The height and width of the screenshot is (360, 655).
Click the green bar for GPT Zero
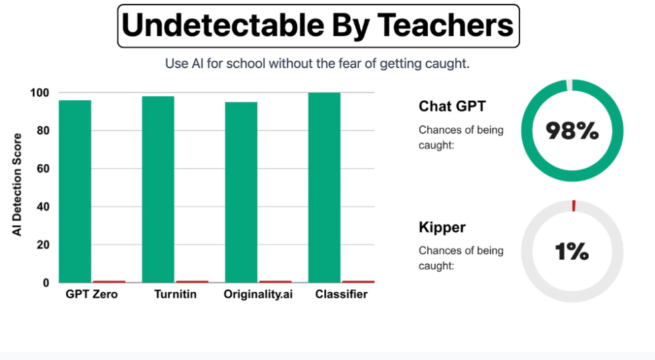tap(75, 191)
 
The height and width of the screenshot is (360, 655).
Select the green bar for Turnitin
tap(158, 189)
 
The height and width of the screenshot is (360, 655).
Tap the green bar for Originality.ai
tap(241, 192)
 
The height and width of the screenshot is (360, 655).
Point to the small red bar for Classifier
tap(358, 282)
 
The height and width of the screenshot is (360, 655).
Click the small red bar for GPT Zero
tap(109, 282)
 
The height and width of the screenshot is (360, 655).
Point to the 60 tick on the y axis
tap(43, 169)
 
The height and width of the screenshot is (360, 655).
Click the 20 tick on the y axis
tap(43, 245)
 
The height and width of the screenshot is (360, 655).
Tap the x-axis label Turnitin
tap(175, 295)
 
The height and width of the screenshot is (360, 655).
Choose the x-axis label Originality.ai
tap(258, 295)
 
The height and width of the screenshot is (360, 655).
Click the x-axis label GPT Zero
tap(92, 295)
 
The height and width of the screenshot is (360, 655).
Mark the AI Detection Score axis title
tap(18, 184)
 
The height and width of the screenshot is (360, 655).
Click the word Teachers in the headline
tap(446, 26)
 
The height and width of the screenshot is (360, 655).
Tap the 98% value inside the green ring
tap(572, 132)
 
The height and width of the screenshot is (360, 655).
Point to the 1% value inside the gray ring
tap(572, 252)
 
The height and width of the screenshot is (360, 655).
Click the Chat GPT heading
tap(452, 106)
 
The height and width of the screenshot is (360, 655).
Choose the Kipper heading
tap(442, 227)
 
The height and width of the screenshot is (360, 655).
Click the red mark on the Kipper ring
tap(573, 206)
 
